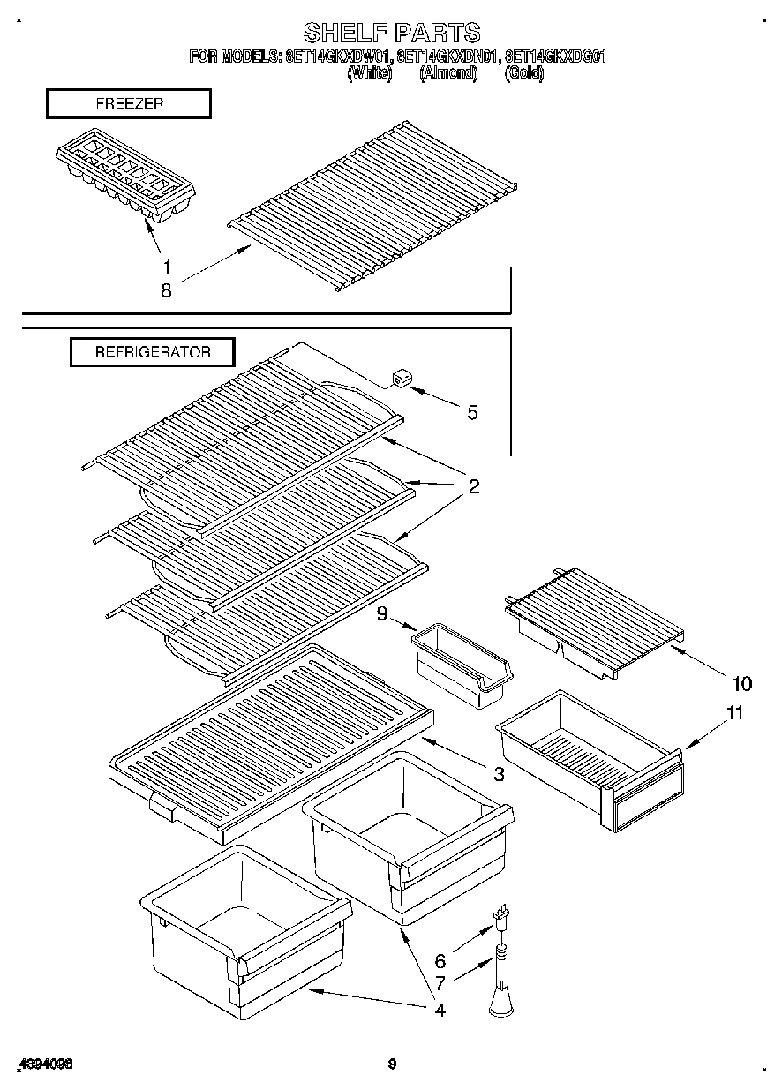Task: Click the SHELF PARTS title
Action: point(391,33)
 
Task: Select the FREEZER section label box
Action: point(129,104)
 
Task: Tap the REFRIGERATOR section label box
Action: point(153,352)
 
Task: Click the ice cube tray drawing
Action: point(125,183)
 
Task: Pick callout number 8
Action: point(166,289)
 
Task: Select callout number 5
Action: point(472,412)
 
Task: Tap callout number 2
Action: point(473,486)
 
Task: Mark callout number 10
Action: point(741,683)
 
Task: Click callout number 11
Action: point(733,714)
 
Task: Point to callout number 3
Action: point(499,774)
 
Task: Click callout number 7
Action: point(440,982)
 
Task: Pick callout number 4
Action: point(439,1010)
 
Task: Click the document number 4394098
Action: point(43,1064)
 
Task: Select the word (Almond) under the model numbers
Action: point(447,74)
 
